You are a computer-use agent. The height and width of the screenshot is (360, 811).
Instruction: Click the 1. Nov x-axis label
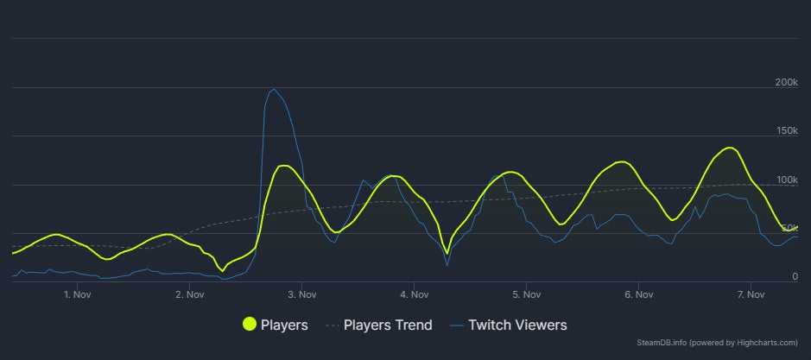[78, 294]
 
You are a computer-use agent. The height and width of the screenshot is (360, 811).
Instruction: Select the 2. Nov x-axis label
[189, 294]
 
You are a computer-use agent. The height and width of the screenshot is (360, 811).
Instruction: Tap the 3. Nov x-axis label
[301, 294]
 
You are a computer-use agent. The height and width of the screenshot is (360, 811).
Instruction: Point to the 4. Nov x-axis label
[414, 294]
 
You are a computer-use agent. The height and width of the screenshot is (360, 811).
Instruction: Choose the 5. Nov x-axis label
[526, 294]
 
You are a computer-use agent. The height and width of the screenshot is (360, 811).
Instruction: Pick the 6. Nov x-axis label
[638, 294]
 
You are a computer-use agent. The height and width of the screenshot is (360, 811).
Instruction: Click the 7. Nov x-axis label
[751, 294]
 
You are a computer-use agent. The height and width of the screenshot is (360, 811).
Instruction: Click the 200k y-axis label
[787, 82]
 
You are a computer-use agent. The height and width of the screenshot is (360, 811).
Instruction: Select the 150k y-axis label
[787, 130]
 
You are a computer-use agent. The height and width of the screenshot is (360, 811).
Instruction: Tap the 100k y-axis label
[787, 180]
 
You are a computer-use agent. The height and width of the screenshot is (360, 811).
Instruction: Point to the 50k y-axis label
[789, 228]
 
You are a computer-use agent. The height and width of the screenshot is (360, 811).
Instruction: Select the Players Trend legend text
[388, 325]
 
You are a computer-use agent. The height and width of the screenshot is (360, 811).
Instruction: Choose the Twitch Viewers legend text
[517, 325]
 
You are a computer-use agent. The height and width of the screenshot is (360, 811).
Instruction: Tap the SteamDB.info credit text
[726, 344]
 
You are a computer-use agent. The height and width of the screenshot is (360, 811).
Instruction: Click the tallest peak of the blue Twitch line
[274, 89]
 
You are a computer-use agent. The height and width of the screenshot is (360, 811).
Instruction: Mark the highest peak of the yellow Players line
[730, 148]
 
